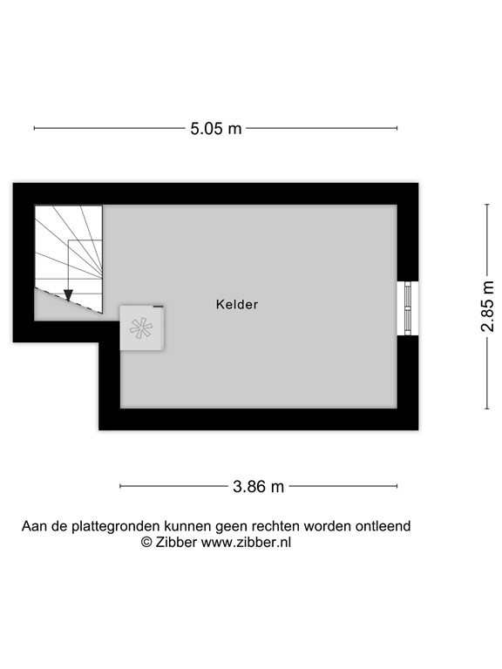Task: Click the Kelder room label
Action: tap(237, 305)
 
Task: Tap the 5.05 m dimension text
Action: tap(216, 129)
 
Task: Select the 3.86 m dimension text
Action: tap(259, 486)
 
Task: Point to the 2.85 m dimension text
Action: tap(488, 306)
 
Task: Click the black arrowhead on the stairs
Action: tap(69, 294)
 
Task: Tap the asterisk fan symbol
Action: tap(140, 328)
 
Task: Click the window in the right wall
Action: tap(407, 307)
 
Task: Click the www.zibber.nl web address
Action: tap(246, 541)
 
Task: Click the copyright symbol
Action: tap(147, 541)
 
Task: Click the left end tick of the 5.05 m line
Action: tap(35, 129)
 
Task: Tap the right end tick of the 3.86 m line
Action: tap(398, 486)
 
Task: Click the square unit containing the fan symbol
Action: tap(141, 328)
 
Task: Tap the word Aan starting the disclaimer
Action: tap(33, 526)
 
